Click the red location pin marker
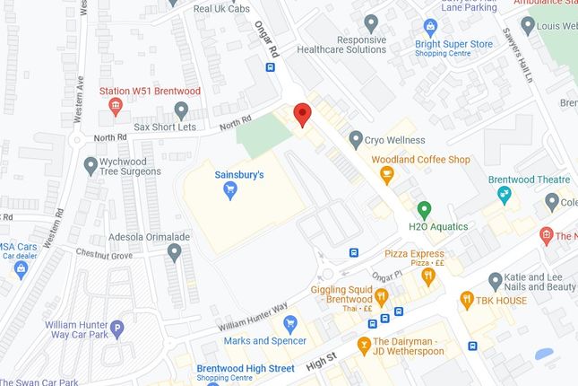point(303,114)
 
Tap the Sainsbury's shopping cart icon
point(230,189)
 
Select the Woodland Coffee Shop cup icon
point(388,178)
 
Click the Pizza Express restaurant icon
point(427,276)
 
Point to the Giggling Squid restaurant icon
point(381,297)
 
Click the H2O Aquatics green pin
point(426,209)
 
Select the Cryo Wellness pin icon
point(356,139)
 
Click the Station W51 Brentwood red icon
point(116,108)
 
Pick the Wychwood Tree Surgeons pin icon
point(90,165)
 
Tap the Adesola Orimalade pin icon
point(175,251)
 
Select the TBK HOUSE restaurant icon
point(466,300)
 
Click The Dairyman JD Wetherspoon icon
point(364,345)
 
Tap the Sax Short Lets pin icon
point(181,110)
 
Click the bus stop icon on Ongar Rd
point(270,66)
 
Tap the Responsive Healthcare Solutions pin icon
point(372,22)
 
